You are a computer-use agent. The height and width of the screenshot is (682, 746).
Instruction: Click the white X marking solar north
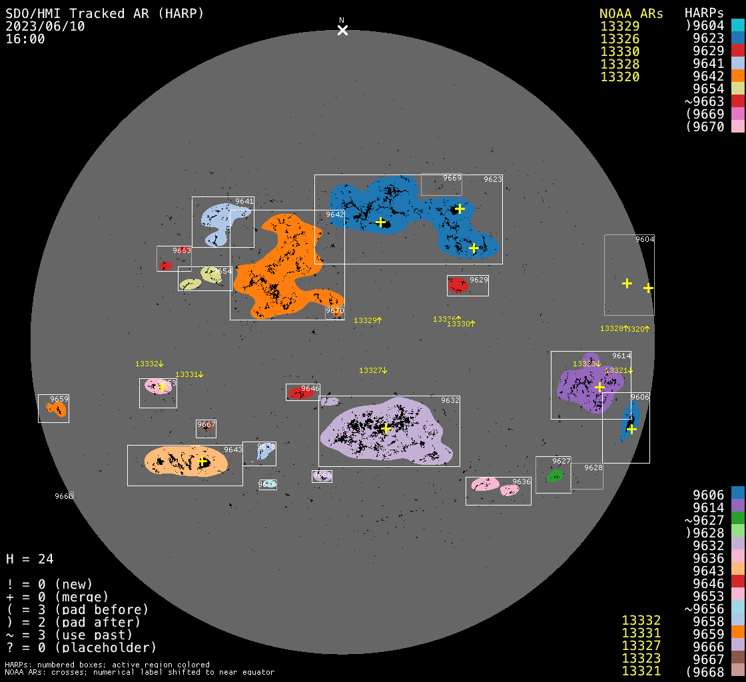click(x=342, y=30)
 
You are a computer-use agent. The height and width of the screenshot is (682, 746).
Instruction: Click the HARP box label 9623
click(x=493, y=179)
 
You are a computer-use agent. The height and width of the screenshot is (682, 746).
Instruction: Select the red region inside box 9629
click(x=458, y=285)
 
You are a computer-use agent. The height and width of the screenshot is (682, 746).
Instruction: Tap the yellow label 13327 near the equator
click(x=371, y=370)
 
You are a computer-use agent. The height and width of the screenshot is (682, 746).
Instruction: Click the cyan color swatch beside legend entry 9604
click(x=737, y=26)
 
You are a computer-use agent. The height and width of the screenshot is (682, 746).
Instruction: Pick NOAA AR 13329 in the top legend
click(x=620, y=27)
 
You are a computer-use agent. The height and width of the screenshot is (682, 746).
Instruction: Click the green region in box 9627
click(x=554, y=476)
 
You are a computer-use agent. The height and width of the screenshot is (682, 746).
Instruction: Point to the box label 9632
click(x=450, y=400)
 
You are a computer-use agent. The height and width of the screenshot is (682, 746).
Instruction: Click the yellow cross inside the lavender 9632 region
click(x=385, y=428)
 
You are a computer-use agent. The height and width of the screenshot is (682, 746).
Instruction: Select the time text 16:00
click(x=25, y=39)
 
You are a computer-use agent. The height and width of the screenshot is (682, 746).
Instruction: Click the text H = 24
click(x=29, y=559)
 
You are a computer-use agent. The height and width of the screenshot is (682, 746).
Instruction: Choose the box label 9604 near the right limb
click(x=645, y=239)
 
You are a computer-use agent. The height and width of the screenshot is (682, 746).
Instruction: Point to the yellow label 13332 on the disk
click(x=147, y=364)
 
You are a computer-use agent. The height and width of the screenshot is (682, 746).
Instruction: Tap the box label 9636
click(x=522, y=482)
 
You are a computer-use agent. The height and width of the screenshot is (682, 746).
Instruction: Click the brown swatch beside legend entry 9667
click(x=737, y=659)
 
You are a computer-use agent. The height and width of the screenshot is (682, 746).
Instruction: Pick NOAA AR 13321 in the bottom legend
click(x=641, y=671)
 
